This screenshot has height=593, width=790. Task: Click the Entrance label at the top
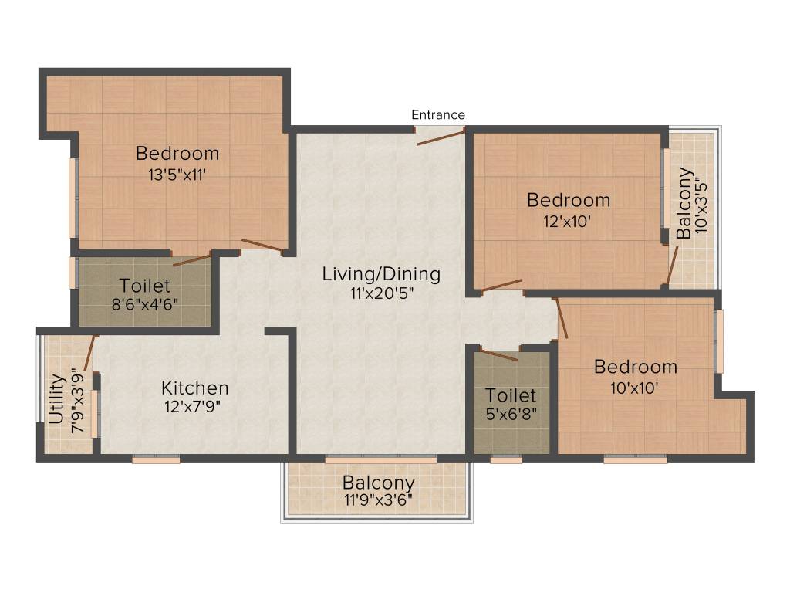pyautogui.click(x=437, y=115)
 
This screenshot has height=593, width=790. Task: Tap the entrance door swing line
pyautogui.click(x=441, y=137)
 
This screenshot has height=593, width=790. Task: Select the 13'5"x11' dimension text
pyautogui.click(x=177, y=175)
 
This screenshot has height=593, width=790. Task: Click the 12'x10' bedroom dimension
pyautogui.click(x=569, y=220)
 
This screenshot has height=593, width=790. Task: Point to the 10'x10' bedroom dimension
pyautogui.click(x=636, y=388)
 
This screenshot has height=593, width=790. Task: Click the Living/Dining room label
pyautogui.click(x=381, y=274)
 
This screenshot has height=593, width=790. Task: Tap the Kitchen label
pyautogui.click(x=194, y=387)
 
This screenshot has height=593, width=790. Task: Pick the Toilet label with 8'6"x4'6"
pyautogui.click(x=145, y=286)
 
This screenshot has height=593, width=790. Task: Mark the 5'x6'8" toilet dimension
pyautogui.click(x=511, y=413)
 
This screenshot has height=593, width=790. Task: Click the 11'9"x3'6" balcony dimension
pyautogui.click(x=379, y=500)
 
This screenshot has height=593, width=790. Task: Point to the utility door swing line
pyautogui.click(x=89, y=353)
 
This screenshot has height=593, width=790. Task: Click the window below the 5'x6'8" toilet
pyautogui.click(x=506, y=459)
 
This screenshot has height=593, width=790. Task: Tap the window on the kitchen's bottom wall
pyautogui.click(x=156, y=459)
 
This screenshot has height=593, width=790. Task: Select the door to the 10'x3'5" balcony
pyautogui.click(x=672, y=266)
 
